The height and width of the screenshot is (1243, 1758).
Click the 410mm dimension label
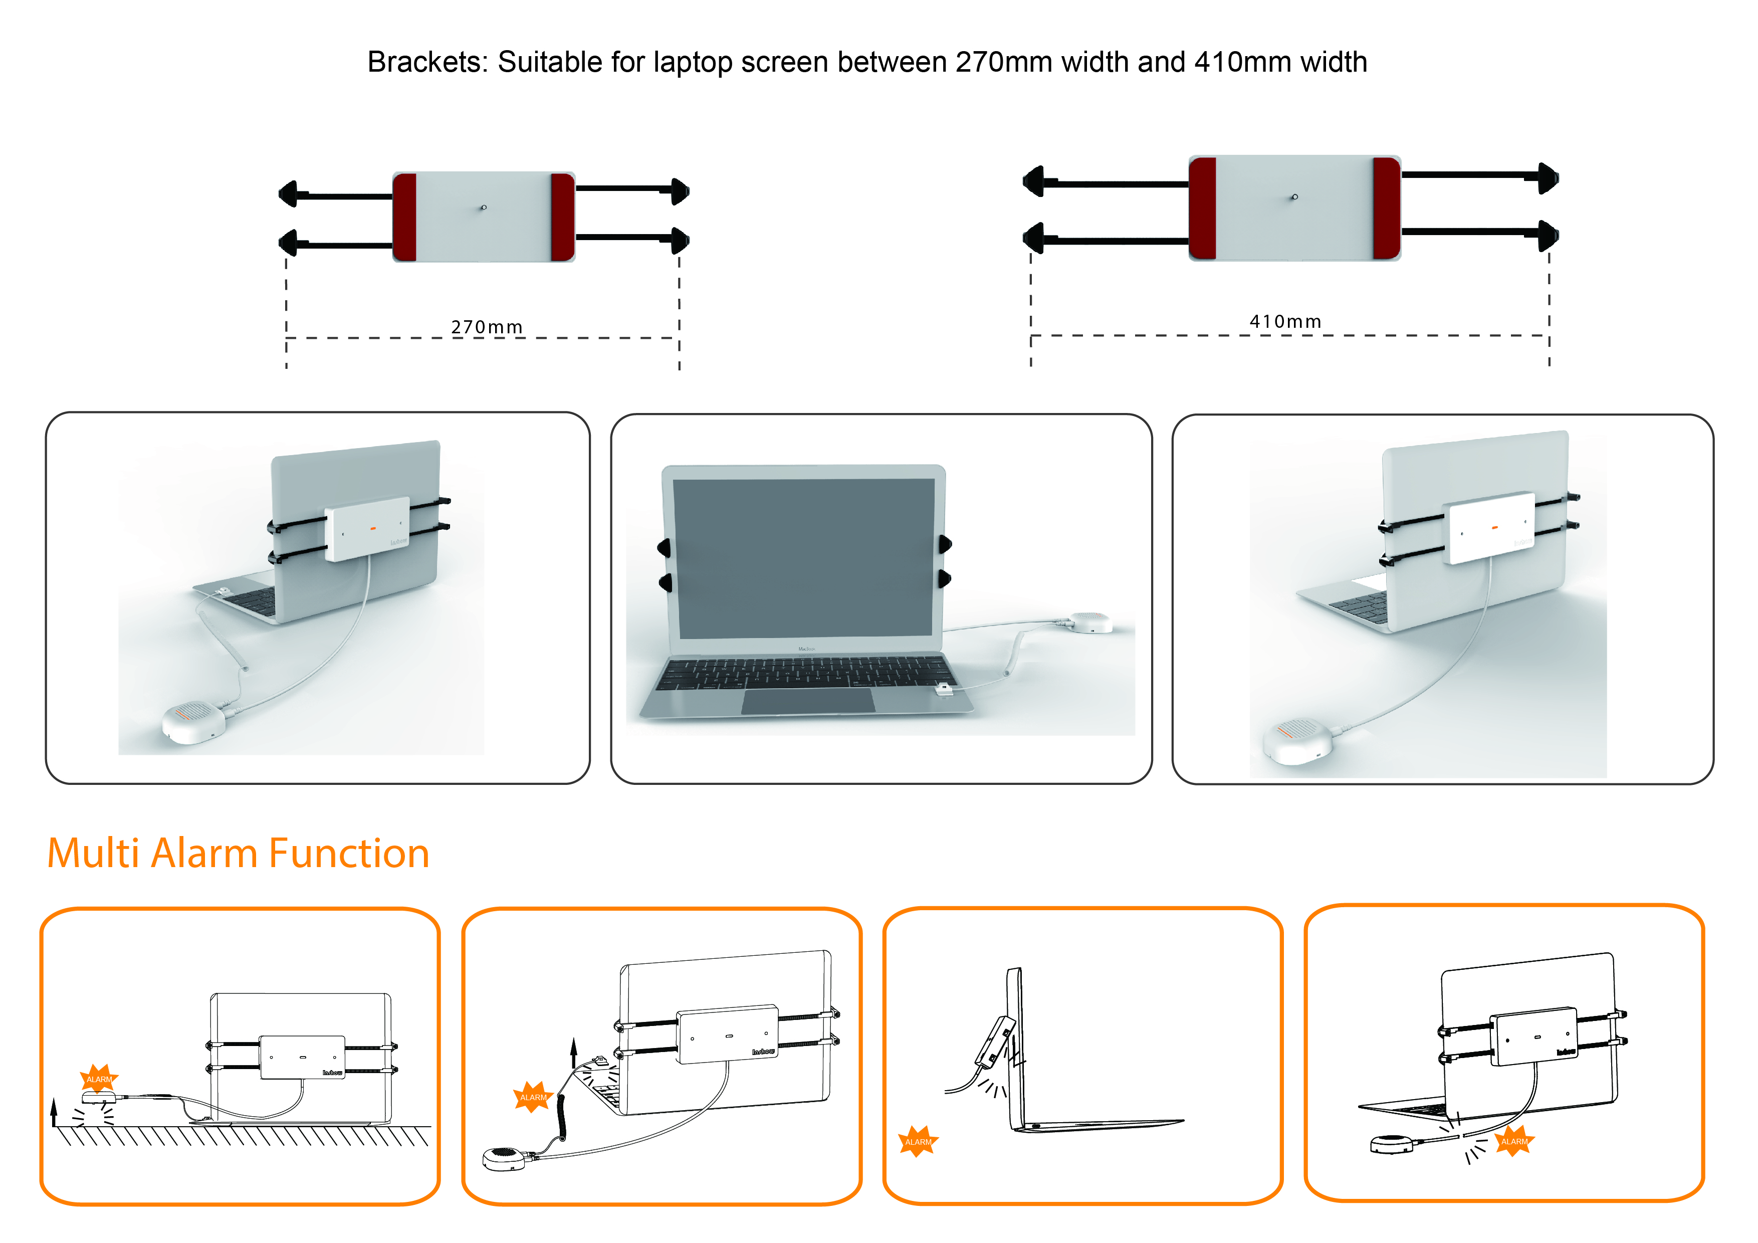[x=1285, y=322]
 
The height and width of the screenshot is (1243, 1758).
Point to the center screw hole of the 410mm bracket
[x=1295, y=197]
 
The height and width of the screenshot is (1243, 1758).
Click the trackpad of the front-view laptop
[x=808, y=701]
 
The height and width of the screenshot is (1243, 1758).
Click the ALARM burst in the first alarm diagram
[x=99, y=1078]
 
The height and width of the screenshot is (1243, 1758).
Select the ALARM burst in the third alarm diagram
[x=918, y=1141]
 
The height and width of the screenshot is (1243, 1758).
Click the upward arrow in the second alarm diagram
[x=573, y=1053]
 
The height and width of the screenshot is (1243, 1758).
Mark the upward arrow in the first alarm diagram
[x=54, y=1111]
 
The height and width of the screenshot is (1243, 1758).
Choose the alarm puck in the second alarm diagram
[x=504, y=1158]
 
